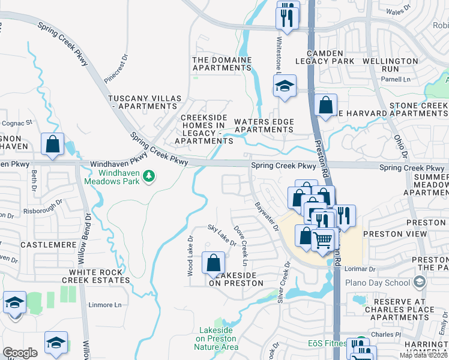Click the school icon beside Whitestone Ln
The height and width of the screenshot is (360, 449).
coord(285,86)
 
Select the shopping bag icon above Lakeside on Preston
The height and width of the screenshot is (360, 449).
coord(213,262)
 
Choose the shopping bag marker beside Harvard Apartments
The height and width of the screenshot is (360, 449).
coord(325,106)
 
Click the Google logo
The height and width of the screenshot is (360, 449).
coord(20,352)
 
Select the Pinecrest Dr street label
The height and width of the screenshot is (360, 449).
coord(116,69)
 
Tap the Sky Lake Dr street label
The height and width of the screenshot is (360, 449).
coord(221,235)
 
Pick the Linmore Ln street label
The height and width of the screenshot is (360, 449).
coord(105,305)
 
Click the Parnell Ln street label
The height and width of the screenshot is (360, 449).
coord(398,79)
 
